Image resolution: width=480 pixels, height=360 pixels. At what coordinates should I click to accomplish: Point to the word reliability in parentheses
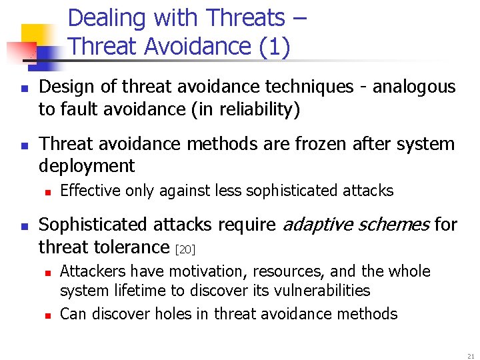click(x=254, y=109)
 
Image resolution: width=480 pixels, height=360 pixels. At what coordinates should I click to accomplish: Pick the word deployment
click(x=87, y=166)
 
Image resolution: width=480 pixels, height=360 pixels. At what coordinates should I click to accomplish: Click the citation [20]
click(x=185, y=249)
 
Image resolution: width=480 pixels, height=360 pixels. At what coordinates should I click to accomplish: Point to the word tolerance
click(x=137, y=247)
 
